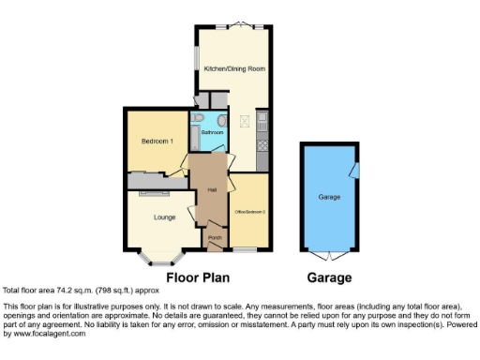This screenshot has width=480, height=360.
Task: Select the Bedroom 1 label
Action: point(157,141)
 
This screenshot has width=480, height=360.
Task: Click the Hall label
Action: point(211,191)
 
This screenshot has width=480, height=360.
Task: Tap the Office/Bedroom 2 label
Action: point(250,213)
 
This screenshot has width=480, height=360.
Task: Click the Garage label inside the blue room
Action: point(328,198)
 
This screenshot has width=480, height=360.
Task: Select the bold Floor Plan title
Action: point(198,277)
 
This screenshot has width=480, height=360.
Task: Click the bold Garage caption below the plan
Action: point(330,277)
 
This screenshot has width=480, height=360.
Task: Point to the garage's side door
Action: point(354,170)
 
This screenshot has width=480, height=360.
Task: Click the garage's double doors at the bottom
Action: point(329,255)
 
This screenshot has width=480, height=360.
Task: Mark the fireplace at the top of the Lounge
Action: point(149,193)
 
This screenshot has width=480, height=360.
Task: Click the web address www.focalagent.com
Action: point(45,333)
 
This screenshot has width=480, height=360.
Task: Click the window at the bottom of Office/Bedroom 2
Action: point(246,248)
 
